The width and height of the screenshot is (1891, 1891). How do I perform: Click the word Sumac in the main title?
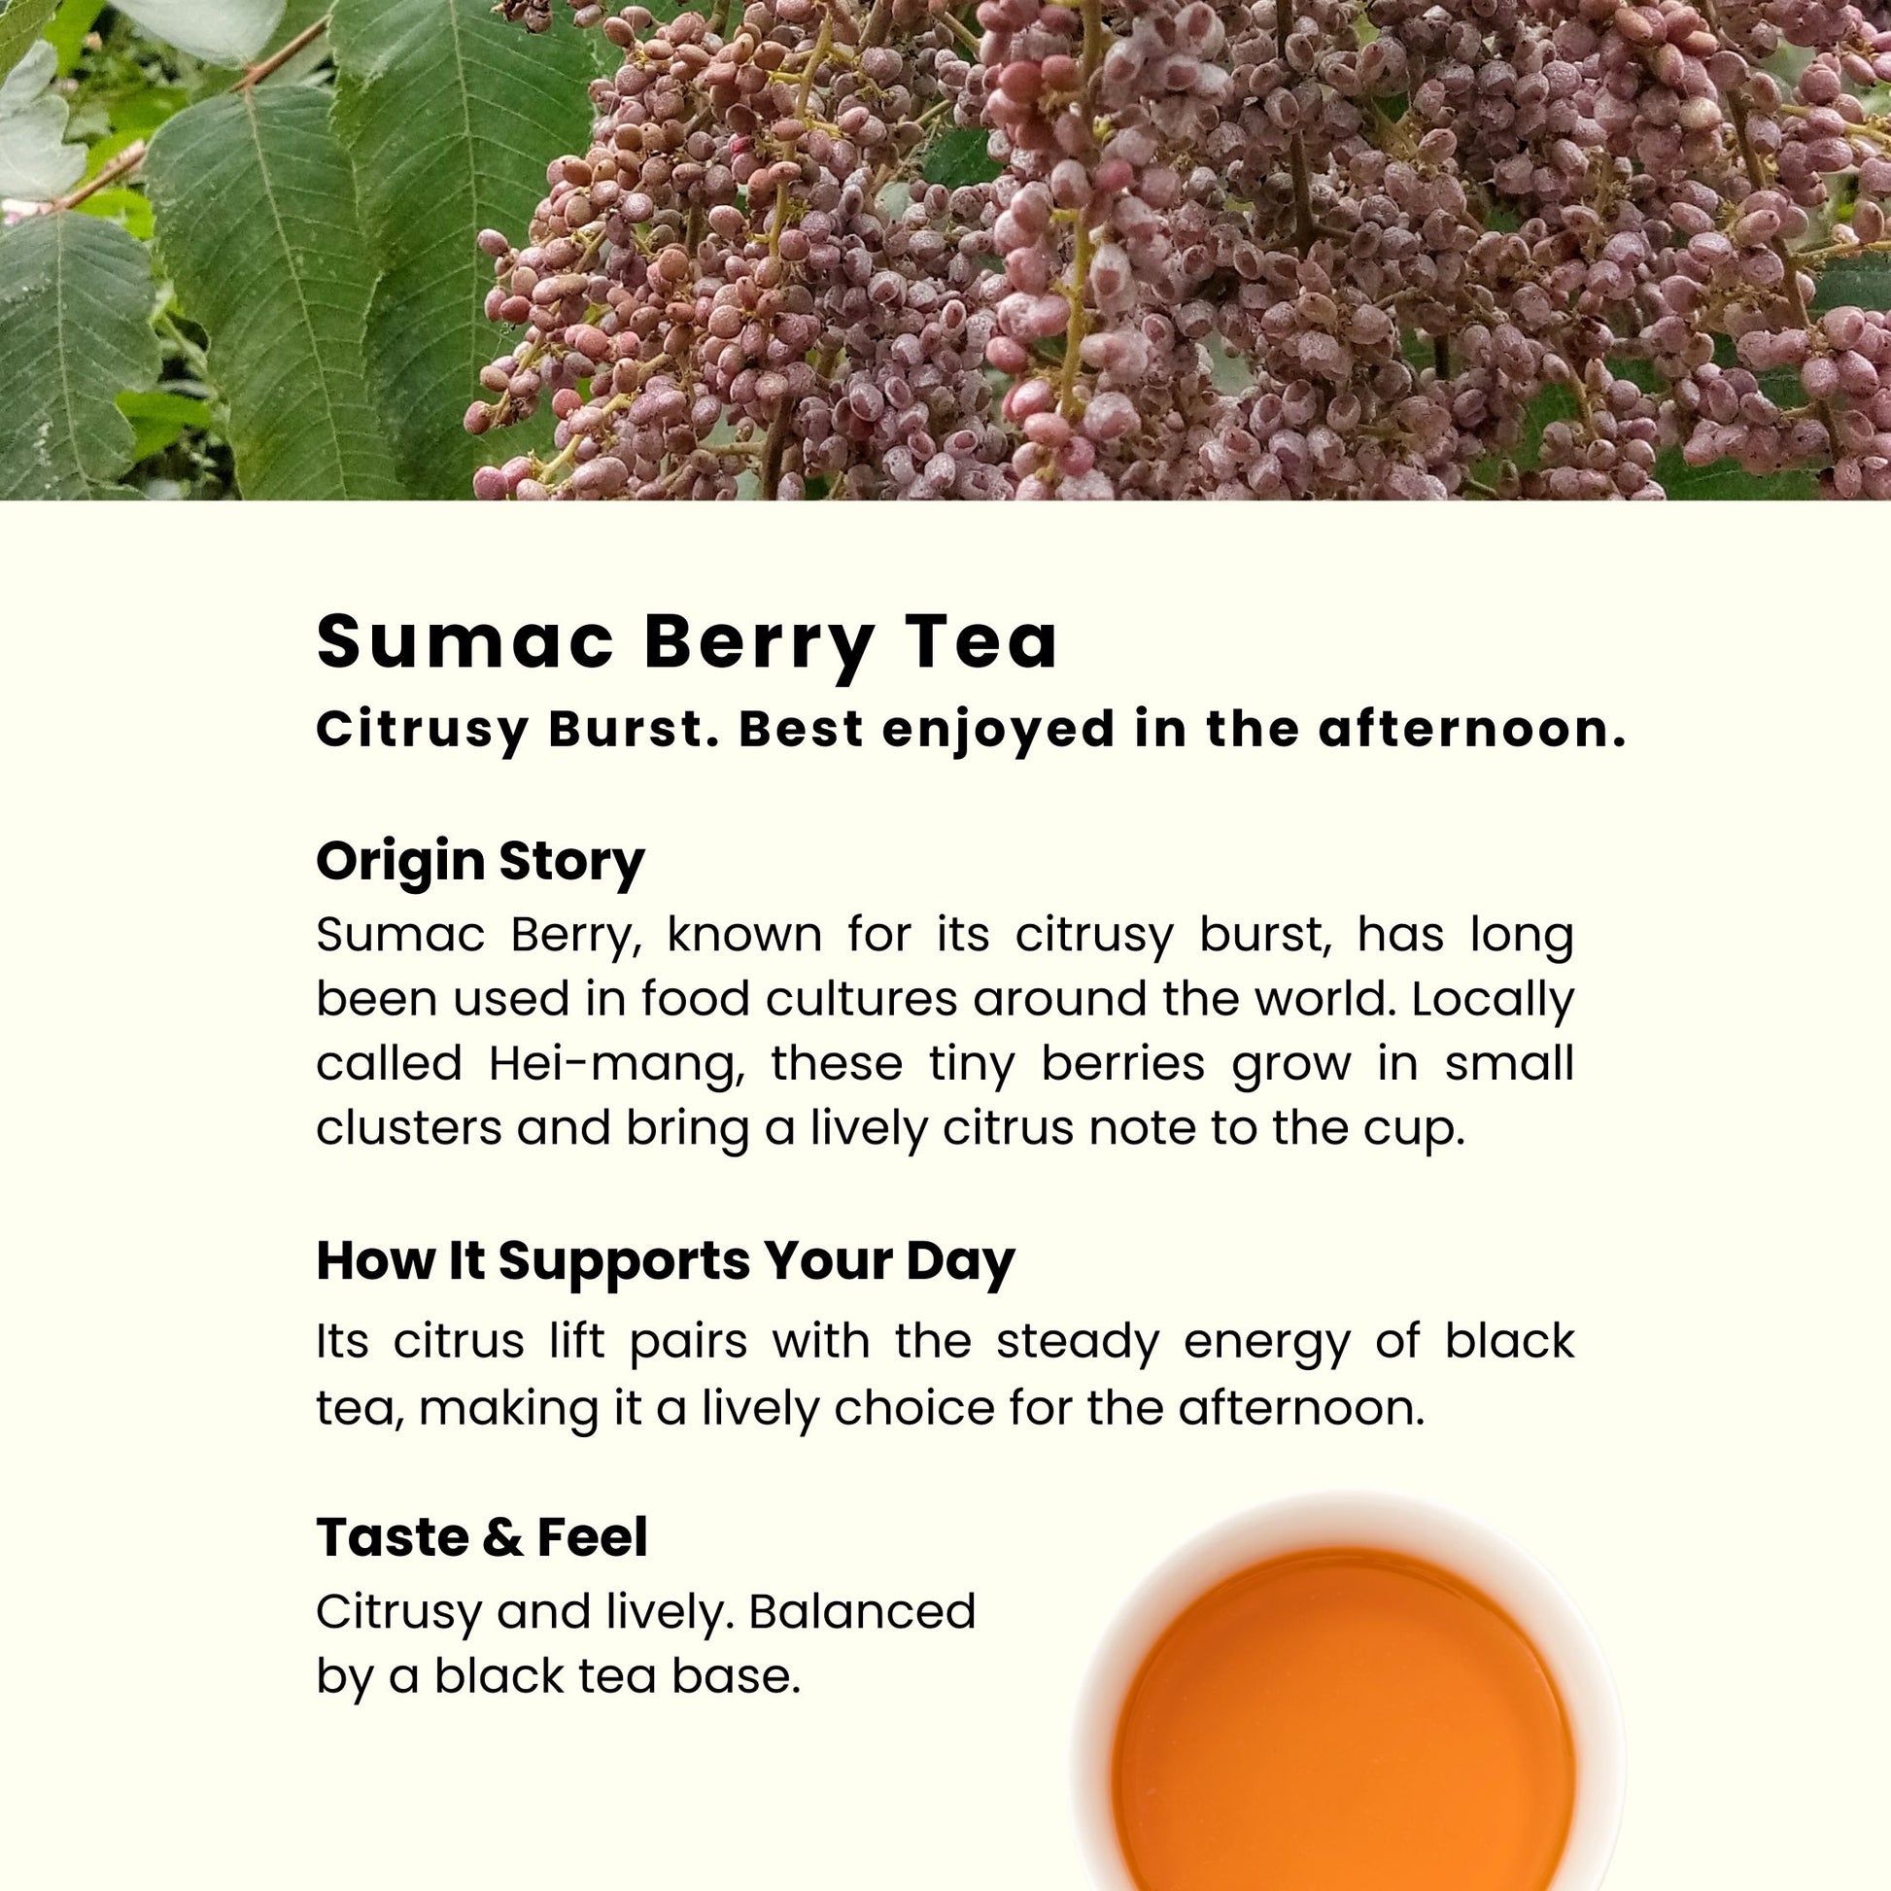click(x=465, y=642)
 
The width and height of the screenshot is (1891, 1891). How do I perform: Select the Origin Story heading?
click(x=481, y=862)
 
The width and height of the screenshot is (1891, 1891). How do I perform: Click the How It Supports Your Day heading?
click(x=666, y=1261)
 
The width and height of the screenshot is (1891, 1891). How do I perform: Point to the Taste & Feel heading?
click(x=482, y=1536)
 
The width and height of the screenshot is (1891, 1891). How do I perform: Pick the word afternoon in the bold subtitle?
click(x=1471, y=730)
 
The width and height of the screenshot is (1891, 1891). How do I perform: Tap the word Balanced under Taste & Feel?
click(x=862, y=1611)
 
